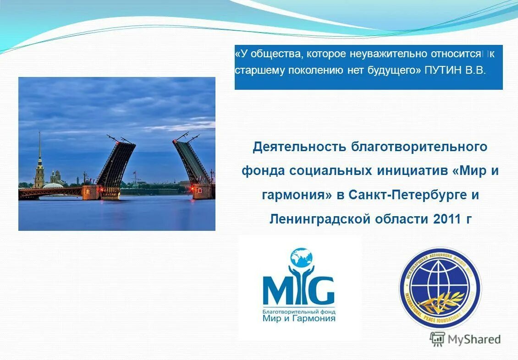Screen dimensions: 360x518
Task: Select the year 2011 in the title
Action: point(446,219)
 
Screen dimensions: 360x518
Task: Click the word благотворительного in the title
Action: point(419,147)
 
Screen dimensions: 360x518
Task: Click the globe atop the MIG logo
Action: point(301,257)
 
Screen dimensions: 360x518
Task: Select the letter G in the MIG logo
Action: point(323,290)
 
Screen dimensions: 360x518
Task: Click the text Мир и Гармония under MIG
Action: point(298,318)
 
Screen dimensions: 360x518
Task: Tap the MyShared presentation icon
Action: point(437,339)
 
